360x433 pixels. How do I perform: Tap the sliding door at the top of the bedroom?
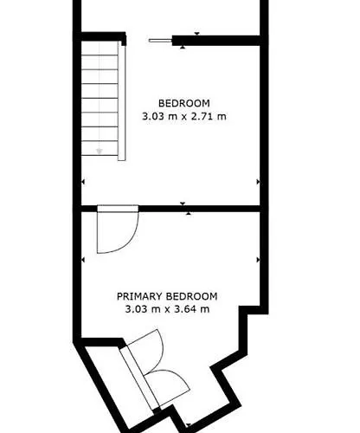pyautogui.click(x=160, y=38)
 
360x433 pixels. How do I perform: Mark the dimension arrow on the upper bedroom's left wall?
pyautogui.click(x=84, y=182)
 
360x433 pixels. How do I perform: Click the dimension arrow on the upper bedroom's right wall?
pyautogui.click(x=258, y=182)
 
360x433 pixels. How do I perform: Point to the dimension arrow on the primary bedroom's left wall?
pyautogui.click(x=84, y=260)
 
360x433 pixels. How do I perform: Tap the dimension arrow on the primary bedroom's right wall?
pyautogui.click(x=258, y=260)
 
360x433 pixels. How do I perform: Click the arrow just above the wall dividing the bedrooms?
pyautogui.click(x=185, y=203)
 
